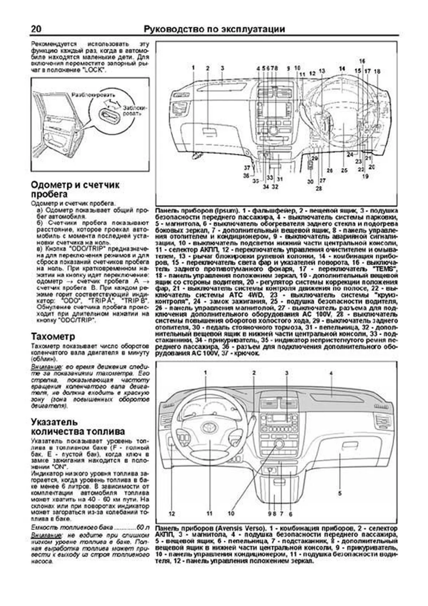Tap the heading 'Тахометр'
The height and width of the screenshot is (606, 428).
(53, 337)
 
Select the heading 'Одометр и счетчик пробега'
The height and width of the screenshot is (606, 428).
(75, 190)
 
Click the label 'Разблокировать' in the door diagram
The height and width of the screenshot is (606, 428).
(93, 95)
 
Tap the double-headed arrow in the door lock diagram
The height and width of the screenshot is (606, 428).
(112, 104)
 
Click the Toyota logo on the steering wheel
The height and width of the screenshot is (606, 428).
(208, 427)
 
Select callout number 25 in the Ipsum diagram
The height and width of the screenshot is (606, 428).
(344, 170)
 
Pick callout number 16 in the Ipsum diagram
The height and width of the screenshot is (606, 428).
(362, 61)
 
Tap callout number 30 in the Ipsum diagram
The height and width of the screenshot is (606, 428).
(310, 181)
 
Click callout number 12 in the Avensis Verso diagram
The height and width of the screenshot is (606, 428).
(172, 514)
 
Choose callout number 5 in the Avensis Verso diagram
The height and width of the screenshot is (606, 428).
(340, 493)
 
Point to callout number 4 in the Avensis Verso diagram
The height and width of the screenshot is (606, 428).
(331, 373)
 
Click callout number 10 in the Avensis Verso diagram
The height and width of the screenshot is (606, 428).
(231, 514)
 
